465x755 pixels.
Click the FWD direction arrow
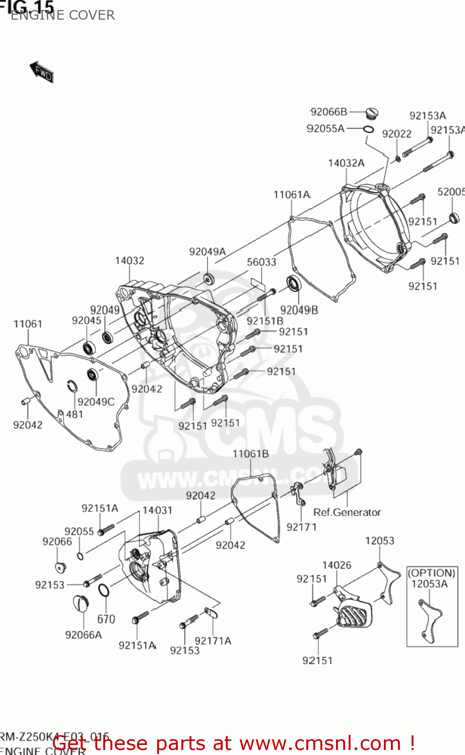42,72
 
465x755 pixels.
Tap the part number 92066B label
328,112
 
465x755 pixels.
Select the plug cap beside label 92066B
371,113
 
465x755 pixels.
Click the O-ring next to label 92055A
368,129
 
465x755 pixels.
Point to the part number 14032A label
346,163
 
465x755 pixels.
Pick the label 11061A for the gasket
292,195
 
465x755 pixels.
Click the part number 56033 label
261,262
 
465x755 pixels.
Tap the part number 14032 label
129,261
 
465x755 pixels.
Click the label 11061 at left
28,324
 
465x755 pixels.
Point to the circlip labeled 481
73,387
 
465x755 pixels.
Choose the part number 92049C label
96,402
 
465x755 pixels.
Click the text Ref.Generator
347,512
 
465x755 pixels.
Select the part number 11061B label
250,454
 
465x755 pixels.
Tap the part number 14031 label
157,510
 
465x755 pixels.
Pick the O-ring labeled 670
103,590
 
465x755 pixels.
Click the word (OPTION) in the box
431,573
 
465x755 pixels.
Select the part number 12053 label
379,541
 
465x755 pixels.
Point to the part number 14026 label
337,565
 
